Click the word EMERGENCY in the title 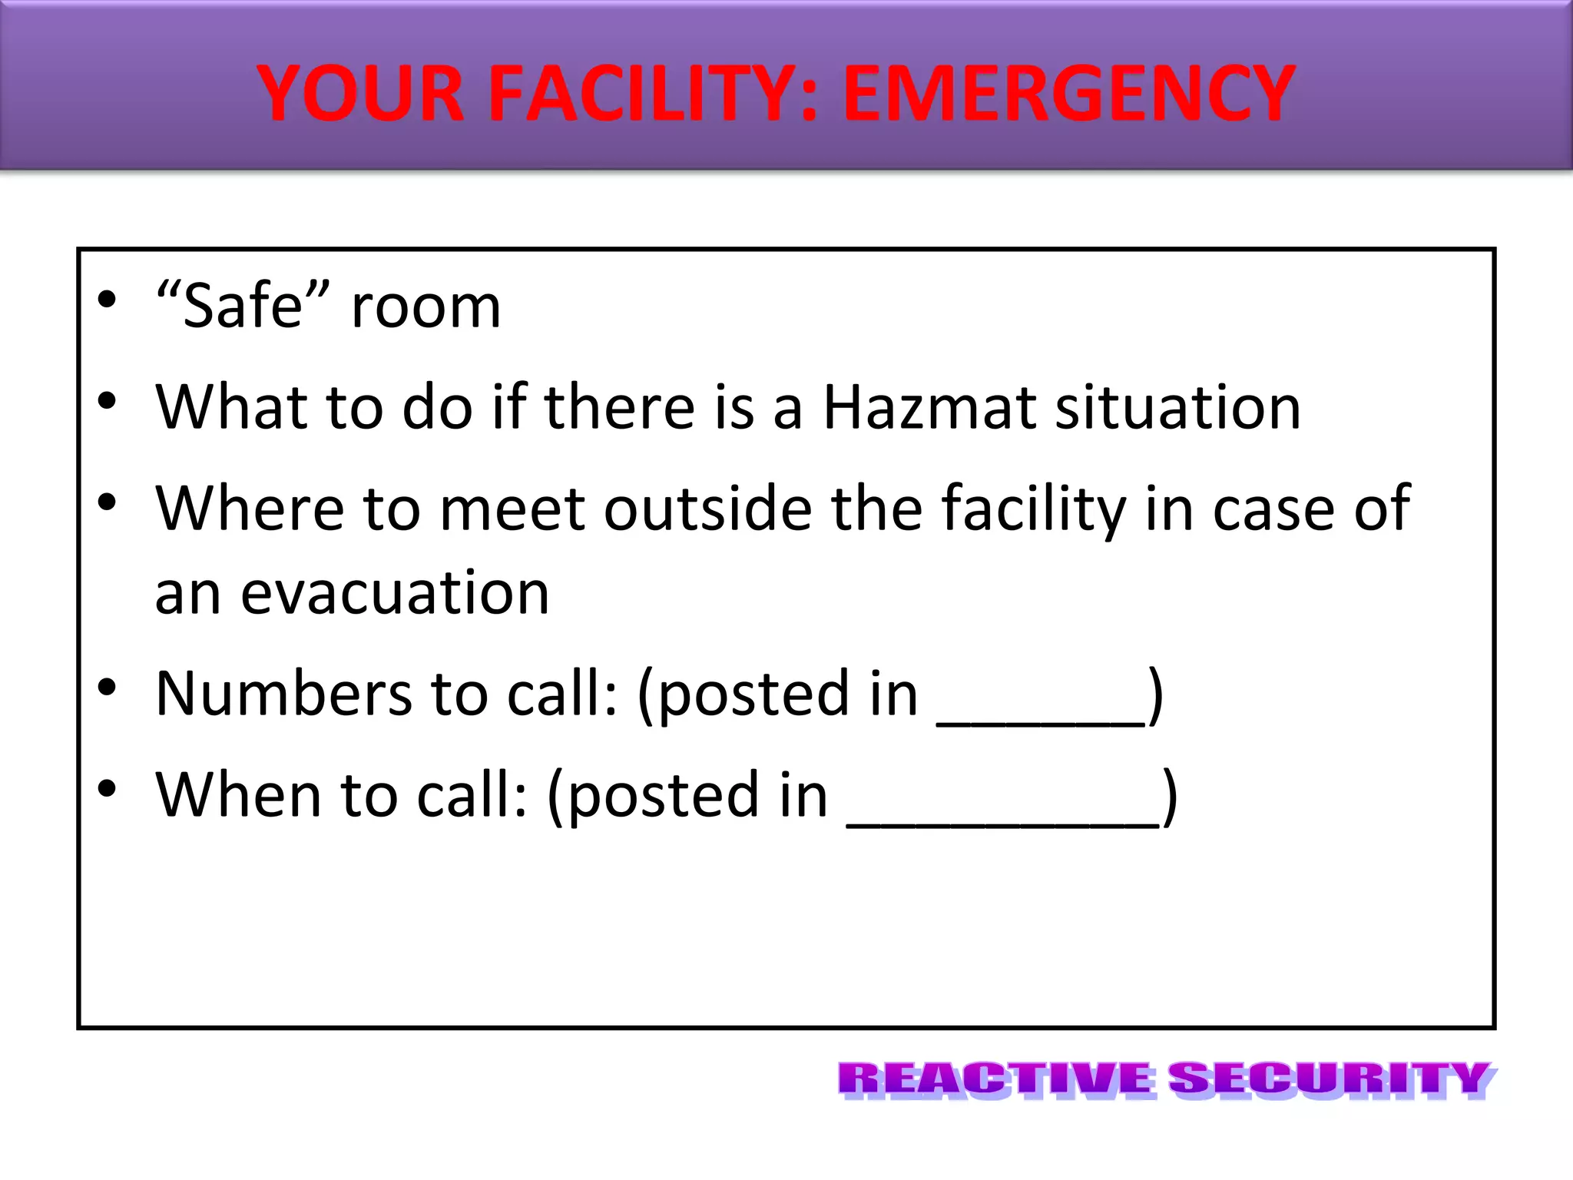pyautogui.click(x=1069, y=94)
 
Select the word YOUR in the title pyautogui.click(x=361, y=94)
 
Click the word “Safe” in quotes pyautogui.click(x=243, y=306)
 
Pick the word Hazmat pyautogui.click(x=930, y=406)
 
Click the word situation pyautogui.click(x=1178, y=406)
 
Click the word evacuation pyautogui.click(x=395, y=593)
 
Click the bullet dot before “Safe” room pyautogui.click(x=107, y=300)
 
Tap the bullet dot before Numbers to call pyautogui.click(x=107, y=687)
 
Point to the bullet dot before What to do pyautogui.click(x=107, y=400)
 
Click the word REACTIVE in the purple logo pyautogui.click(x=995, y=1079)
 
